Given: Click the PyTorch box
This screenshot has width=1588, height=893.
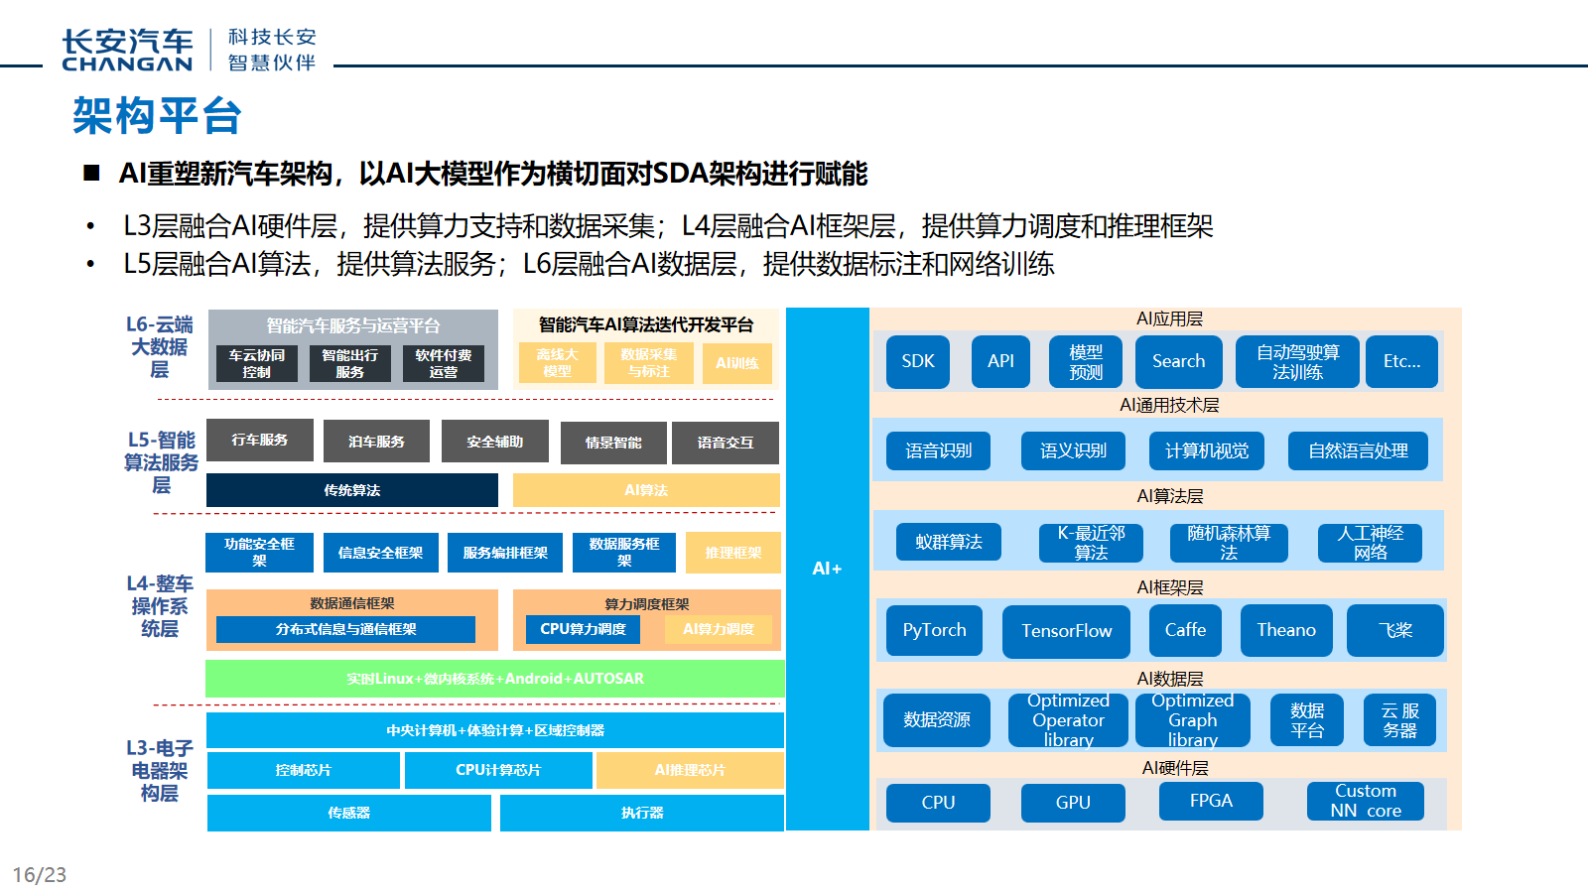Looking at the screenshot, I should click(x=934, y=630).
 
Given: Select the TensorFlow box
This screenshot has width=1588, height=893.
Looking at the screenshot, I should click(x=1066, y=631).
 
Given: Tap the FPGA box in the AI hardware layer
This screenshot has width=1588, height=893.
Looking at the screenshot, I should click(x=1211, y=801).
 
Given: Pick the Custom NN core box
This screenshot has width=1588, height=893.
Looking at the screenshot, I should click(x=1365, y=801).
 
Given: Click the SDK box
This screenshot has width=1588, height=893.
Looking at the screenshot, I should click(x=917, y=361).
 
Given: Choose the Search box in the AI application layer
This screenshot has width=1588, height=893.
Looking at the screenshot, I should click(x=1178, y=361).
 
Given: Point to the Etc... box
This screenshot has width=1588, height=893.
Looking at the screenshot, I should click(x=1401, y=361).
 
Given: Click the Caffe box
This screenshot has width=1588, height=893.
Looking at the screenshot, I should click(x=1185, y=630).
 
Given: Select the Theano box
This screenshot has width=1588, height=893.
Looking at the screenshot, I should click(x=1285, y=630).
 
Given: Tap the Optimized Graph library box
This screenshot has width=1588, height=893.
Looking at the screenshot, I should click(x=1192, y=719).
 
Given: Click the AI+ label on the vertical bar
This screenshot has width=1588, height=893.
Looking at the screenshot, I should click(x=827, y=569).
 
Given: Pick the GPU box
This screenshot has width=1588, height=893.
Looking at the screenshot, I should click(x=1072, y=802).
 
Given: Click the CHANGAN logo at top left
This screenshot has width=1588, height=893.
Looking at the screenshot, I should click(x=127, y=51).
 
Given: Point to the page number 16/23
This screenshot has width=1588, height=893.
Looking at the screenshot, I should click(x=40, y=874).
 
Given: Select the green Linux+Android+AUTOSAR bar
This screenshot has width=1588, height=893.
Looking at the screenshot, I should click(x=494, y=679).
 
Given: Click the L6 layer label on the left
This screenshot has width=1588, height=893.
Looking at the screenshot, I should click(x=160, y=346).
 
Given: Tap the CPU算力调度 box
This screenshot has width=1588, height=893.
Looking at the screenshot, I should click(x=583, y=629).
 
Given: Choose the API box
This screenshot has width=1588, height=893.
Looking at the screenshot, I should click(x=1000, y=361).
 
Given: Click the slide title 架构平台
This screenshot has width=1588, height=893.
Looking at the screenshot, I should click(x=157, y=116).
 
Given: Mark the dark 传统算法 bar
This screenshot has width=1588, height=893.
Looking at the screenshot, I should click(x=351, y=490).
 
